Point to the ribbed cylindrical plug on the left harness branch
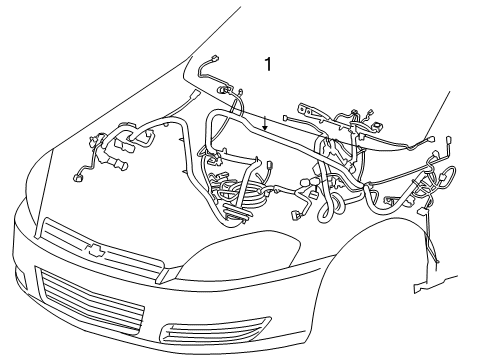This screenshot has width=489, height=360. point(117,159)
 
